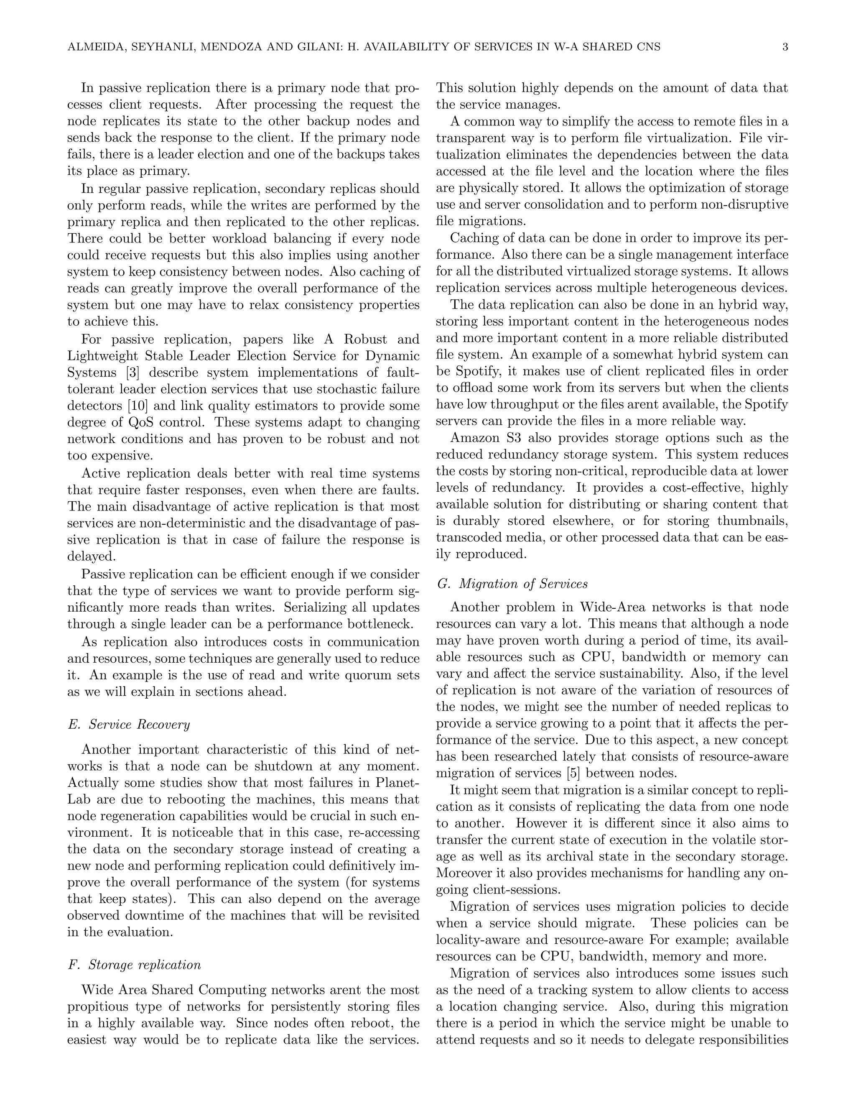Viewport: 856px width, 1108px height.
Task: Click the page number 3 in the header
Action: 785,48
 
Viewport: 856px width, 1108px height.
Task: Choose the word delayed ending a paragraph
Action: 91,557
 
